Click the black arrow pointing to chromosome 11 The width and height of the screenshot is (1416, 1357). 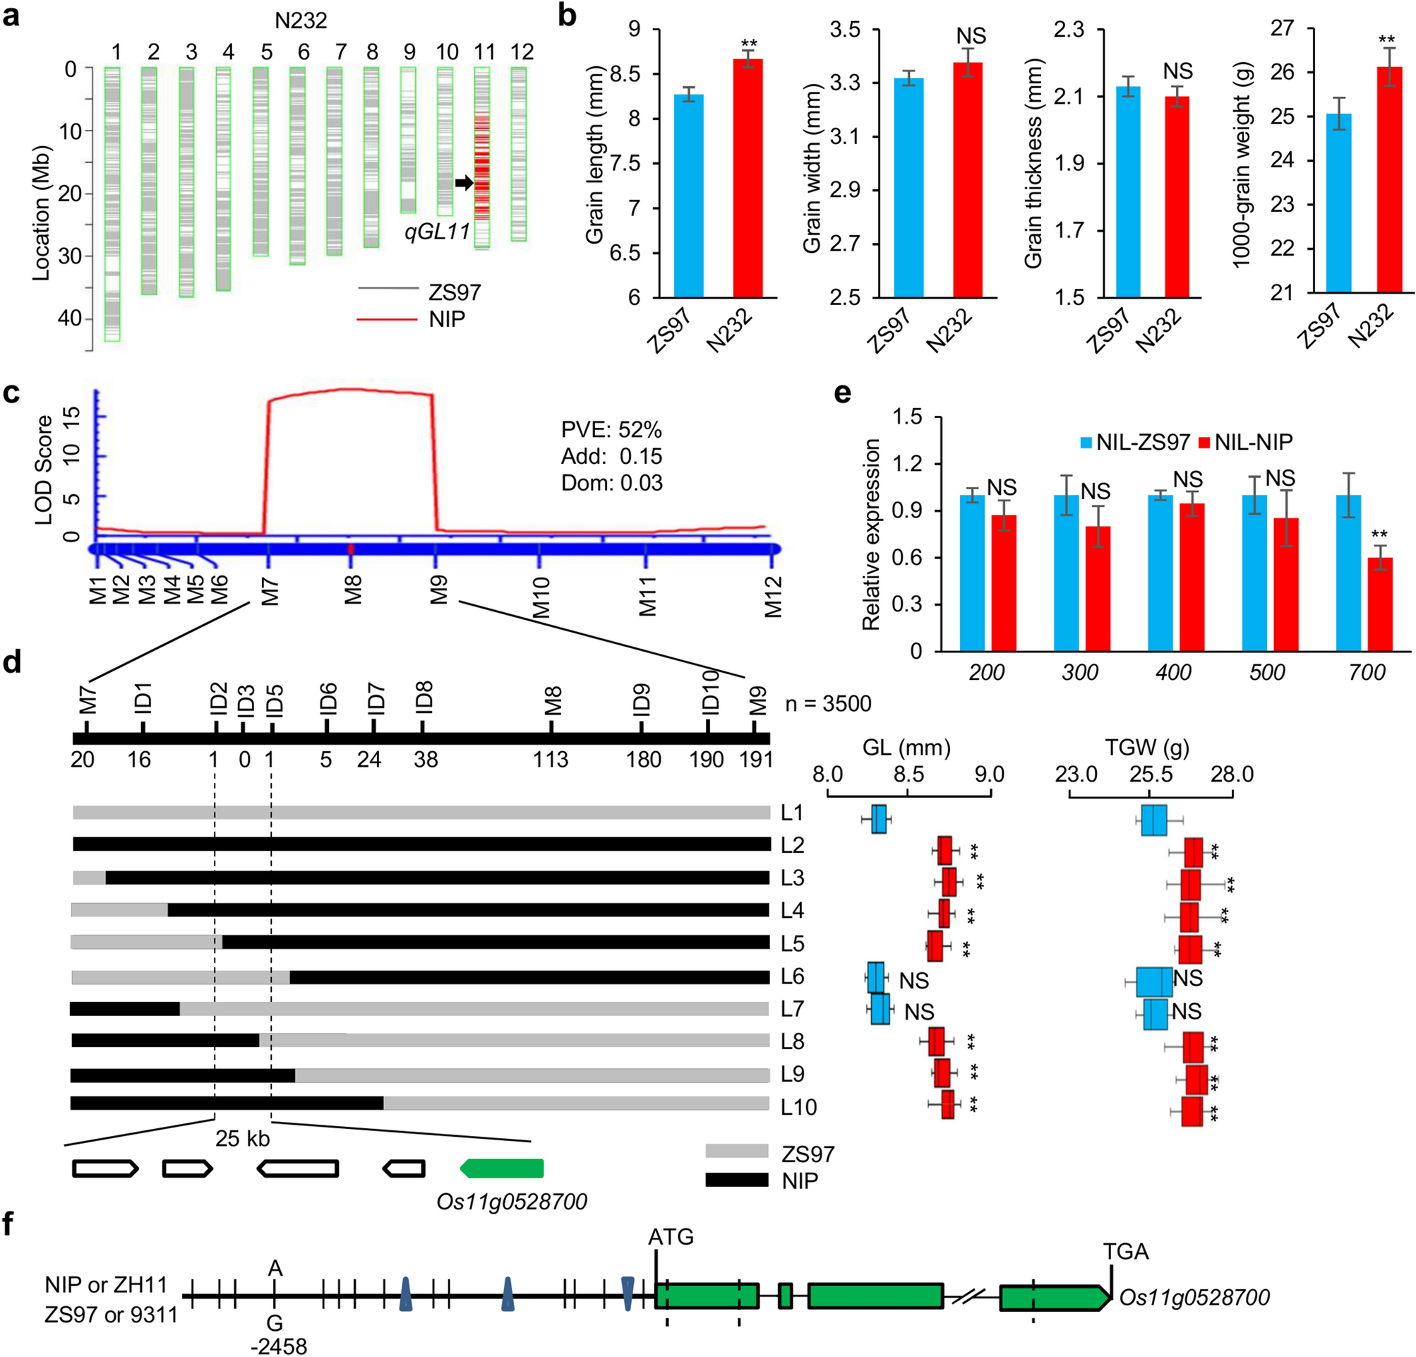tap(464, 184)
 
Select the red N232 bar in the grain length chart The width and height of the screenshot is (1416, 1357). tap(748, 178)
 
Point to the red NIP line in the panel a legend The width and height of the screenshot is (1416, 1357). tap(388, 318)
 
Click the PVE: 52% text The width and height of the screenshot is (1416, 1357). tap(611, 430)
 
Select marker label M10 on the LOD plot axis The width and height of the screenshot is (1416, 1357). tap(541, 597)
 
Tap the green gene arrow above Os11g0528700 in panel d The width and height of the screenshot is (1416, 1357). tap(503, 1168)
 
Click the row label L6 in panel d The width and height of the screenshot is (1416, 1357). tap(793, 976)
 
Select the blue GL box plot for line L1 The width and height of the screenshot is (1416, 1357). tap(879, 819)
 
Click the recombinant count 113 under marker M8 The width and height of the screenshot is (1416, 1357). tap(551, 760)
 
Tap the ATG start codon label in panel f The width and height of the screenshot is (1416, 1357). tap(671, 1237)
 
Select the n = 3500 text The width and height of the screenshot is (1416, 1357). tap(828, 703)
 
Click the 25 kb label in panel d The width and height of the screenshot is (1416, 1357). tap(242, 1139)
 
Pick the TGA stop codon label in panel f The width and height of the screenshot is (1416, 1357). tap(1126, 1251)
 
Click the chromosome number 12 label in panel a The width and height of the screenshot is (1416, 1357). tap(522, 52)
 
